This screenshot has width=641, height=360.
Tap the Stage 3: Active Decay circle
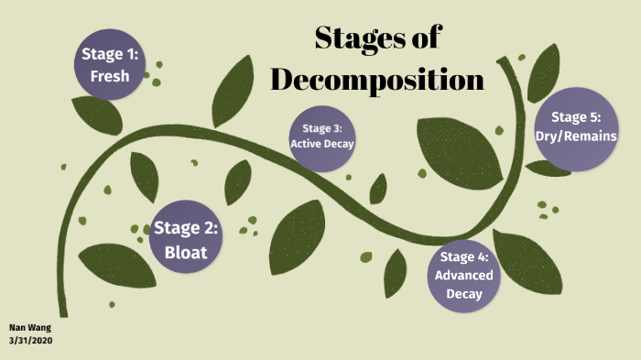(321, 136)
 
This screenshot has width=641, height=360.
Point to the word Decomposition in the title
(377, 80)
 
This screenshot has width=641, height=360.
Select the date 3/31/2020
(31, 340)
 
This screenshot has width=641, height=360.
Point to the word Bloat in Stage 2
(186, 251)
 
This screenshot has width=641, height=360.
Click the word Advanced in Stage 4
(464, 275)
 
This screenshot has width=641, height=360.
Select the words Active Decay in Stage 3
(321, 144)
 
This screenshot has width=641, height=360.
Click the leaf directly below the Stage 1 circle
(97, 115)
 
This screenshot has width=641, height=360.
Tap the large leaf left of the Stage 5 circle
(458, 151)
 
